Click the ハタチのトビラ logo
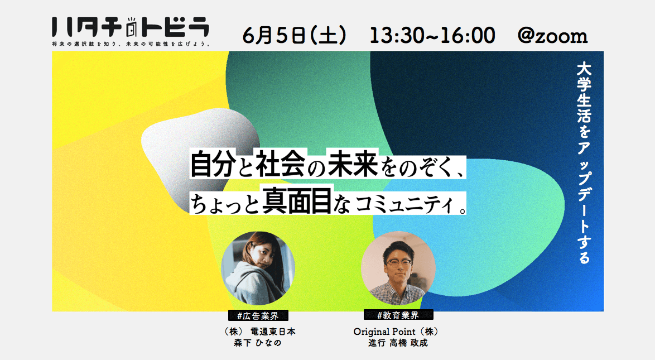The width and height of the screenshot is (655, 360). click(131, 27)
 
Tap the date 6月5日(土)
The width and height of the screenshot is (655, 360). click(295, 35)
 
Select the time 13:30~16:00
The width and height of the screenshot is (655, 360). click(432, 35)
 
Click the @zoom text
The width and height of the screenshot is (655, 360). click(552, 36)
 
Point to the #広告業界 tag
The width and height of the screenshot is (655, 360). click(258, 316)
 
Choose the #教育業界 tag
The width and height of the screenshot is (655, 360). click(398, 315)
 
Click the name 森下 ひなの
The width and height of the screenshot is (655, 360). click(258, 343)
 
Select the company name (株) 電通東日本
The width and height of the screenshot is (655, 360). click(260, 332)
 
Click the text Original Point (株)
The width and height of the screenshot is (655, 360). click(396, 332)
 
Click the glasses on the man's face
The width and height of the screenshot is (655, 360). click(398, 262)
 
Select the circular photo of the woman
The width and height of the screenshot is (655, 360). click(258, 268)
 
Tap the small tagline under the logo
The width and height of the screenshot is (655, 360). click(131, 44)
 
